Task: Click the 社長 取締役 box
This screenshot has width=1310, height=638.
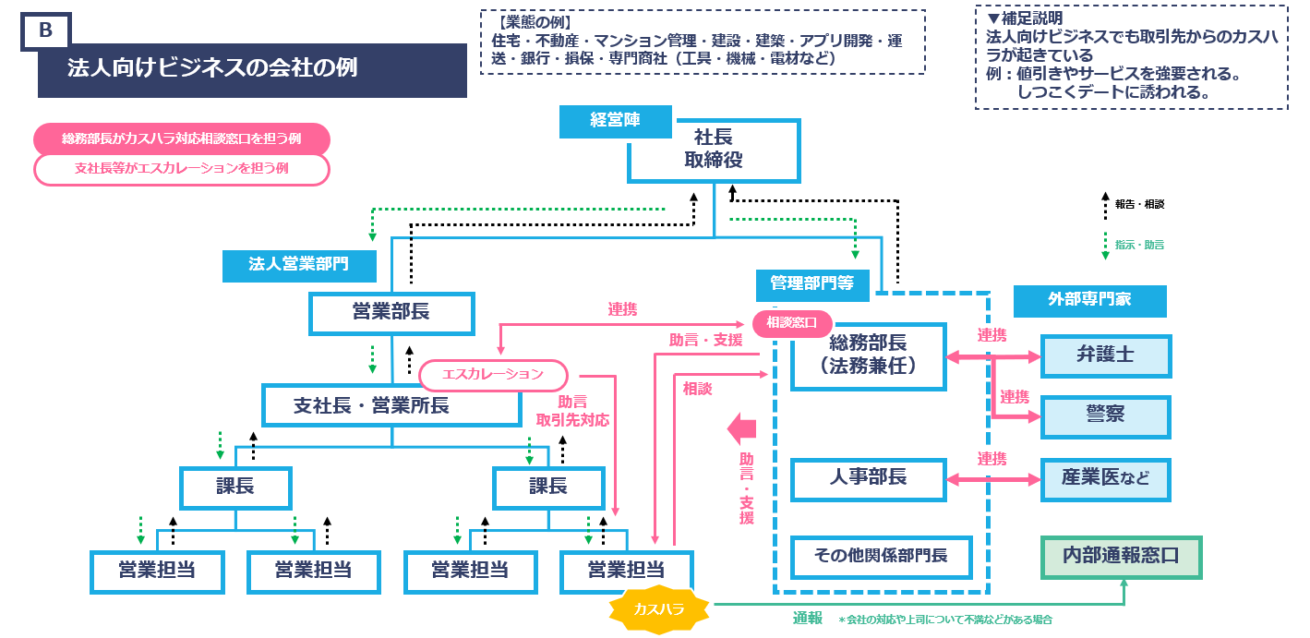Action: coord(713,150)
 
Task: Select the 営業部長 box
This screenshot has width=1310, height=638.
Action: coord(391,313)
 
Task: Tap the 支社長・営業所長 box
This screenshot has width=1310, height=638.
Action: coord(391,405)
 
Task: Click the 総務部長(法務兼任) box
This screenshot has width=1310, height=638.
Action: coord(868,355)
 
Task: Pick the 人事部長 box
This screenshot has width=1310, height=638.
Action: coord(868,478)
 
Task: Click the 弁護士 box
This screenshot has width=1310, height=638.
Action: coord(1105,355)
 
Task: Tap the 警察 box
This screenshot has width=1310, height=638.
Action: coord(1105,416)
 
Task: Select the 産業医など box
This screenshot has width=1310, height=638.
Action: coord(1105,479)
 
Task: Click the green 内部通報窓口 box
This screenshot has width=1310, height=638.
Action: coord(1121,557)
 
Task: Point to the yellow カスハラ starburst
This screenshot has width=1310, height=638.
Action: coord(659,609)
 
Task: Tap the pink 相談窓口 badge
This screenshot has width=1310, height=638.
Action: coord(792,323)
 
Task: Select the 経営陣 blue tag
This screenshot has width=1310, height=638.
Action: coord(615,121)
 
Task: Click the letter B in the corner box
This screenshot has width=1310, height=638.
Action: coord(45,30)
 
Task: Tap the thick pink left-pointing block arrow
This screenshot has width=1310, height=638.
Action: coord(741,427)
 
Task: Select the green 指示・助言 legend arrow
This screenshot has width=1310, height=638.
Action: coord(1104,245)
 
